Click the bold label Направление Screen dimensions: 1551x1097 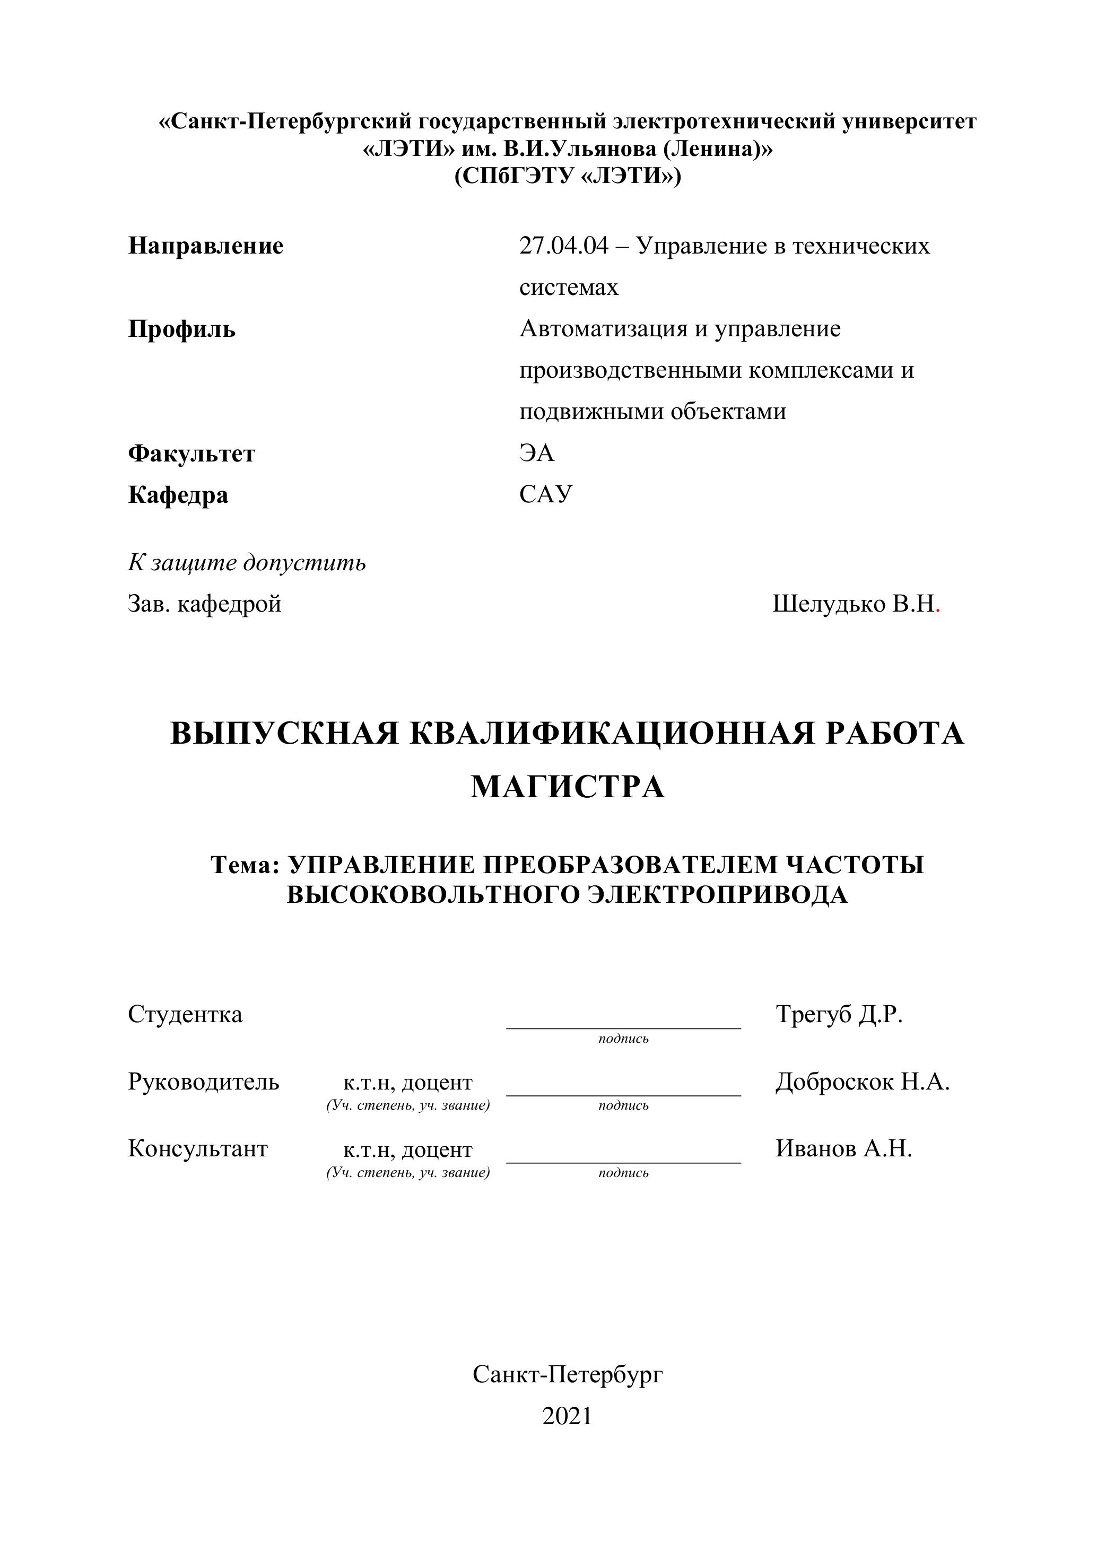click(205, 246)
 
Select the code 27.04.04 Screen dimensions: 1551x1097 click(563, 246)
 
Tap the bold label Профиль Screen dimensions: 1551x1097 click(182, 329)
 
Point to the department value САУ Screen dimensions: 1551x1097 click(545, 494)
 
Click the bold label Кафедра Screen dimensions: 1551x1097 click(178, 495)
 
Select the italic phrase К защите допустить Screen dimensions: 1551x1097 click(247, 563)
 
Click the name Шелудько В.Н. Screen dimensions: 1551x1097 click(854, 604)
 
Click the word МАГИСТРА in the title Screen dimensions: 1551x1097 click(568, 787)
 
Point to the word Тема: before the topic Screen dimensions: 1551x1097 click(245, 865)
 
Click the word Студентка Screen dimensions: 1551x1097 click(185, 1015)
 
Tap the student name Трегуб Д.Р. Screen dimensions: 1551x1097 click(839, 1015)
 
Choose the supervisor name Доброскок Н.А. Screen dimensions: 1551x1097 click(862, 1082)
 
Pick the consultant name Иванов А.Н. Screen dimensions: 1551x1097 click(843, 1148)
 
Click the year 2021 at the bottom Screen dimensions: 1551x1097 click(567, 1415)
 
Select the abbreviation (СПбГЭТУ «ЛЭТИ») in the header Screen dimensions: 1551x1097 click(568, 176)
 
